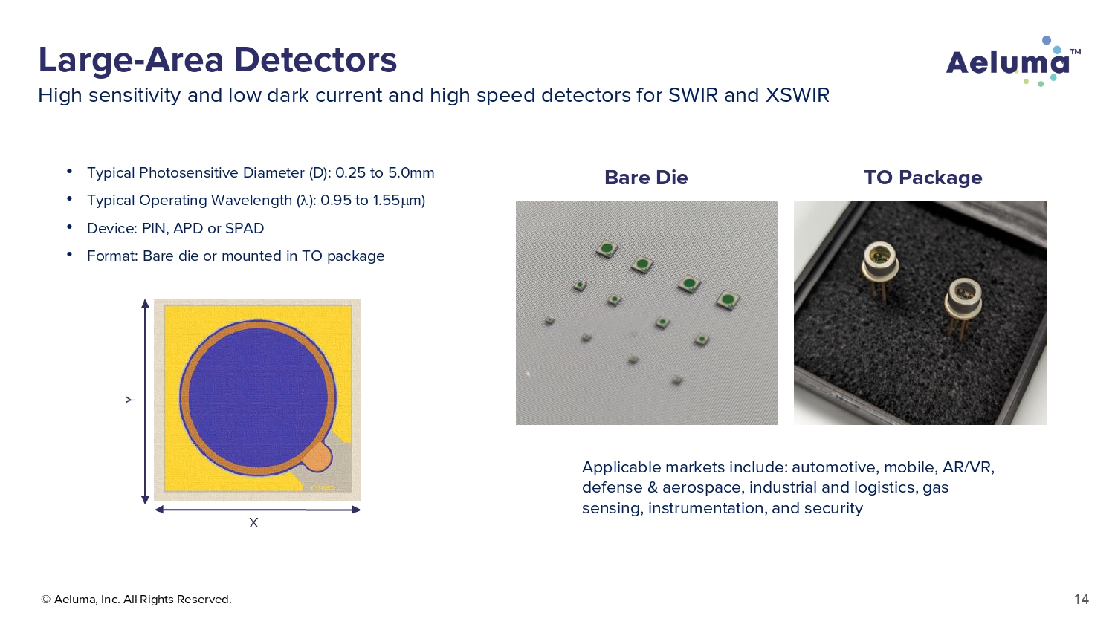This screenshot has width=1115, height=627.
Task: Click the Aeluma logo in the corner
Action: pos(1013,62)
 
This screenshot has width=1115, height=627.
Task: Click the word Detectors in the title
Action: pos(315,60)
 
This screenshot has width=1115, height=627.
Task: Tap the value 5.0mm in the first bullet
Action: pos(411,172)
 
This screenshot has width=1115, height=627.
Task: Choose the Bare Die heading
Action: pos(646,178)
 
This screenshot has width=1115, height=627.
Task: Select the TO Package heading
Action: pos(923,178)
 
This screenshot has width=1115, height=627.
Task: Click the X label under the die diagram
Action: pos(253,523)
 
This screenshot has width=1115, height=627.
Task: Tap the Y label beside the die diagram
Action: pos(130,400)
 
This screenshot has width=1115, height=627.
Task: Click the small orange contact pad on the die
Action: pos(317,458)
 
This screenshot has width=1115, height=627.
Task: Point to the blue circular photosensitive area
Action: pos(257,397)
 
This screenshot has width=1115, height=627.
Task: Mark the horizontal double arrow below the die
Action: pos(257,510)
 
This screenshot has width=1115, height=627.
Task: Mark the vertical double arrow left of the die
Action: pos(146,402)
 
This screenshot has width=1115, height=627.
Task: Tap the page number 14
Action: pos(1081,599)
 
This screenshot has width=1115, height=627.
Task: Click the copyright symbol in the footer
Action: pos(46,600)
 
